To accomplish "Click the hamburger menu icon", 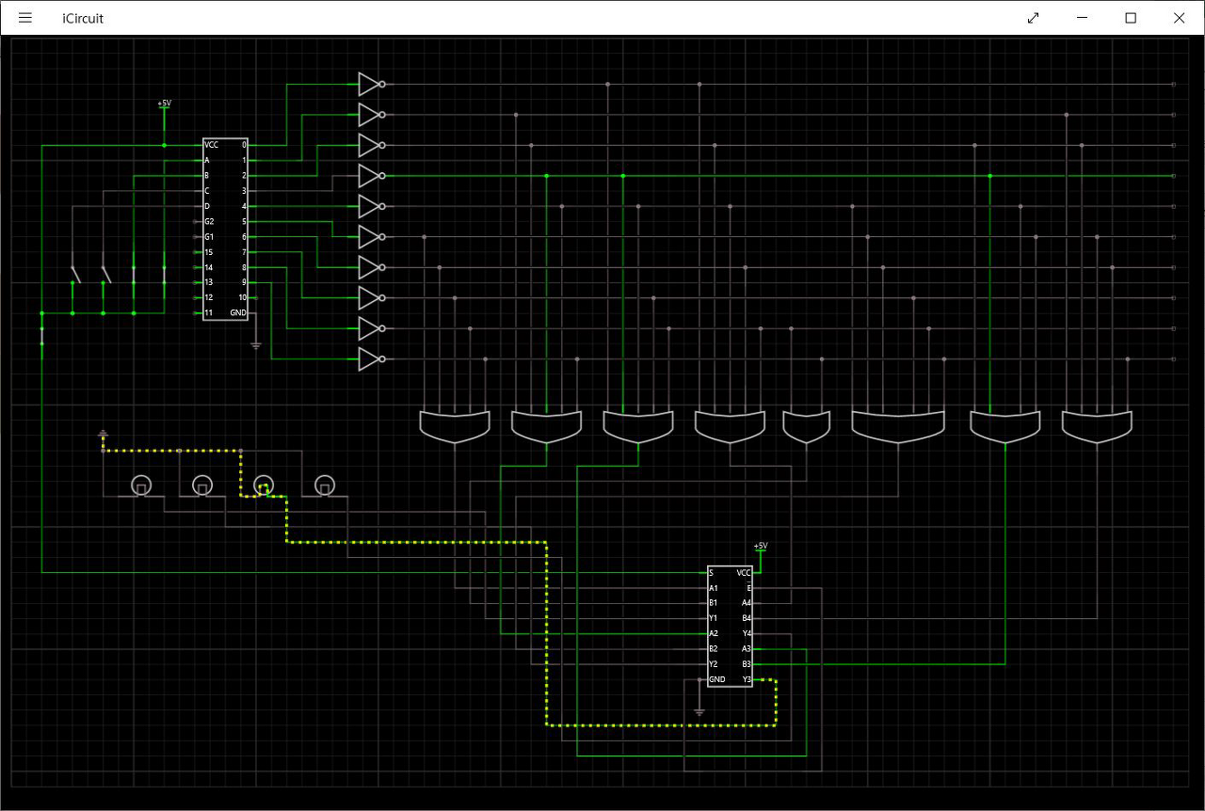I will click(25, 18).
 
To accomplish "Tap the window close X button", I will click(1179, 18).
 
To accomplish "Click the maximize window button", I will click(1131, 18).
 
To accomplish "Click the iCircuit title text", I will click(83, 18).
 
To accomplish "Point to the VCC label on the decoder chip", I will click(212, 145).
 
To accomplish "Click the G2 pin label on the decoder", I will click(209, 221).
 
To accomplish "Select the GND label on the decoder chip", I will click(238, 312).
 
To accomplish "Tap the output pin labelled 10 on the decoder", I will click(242, 297).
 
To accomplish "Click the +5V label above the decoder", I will click(165, 103).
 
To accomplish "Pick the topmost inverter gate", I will click(369, 85).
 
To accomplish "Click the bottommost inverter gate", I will click(369, 359).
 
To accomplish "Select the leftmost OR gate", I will click(455, 426).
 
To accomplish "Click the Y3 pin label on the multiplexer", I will click(747, 679).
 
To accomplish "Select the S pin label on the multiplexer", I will click(712, 573).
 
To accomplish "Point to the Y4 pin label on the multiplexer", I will click(747, 633).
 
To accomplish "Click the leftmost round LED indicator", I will click(140, 485).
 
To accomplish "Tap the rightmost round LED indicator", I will click(324, 485).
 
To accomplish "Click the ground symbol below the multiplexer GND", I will click(699, 711).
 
